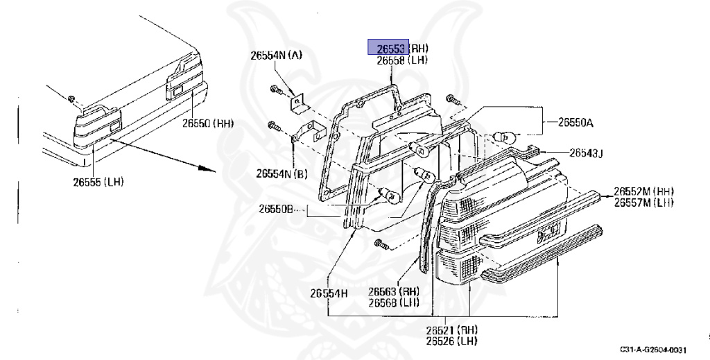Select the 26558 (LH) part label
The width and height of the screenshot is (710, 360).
[402, 60]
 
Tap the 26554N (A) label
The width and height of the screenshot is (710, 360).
[276, 55]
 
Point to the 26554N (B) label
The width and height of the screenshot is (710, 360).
[282, 173]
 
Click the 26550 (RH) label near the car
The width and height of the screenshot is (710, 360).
[208, 124]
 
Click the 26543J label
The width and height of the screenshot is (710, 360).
[587, 153]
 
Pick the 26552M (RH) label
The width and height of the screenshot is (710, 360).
[644, 191]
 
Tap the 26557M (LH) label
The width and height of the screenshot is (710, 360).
[644, 202]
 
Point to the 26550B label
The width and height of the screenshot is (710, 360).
[277, 208]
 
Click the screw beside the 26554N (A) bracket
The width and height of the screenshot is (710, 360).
[275, 89]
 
